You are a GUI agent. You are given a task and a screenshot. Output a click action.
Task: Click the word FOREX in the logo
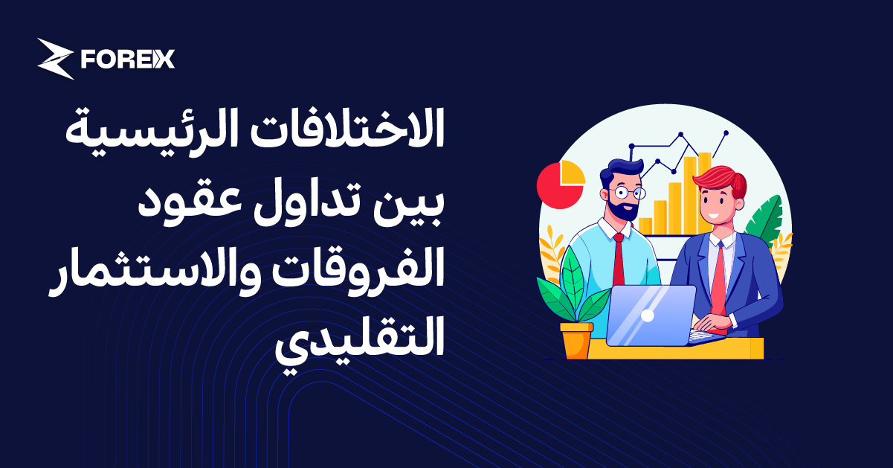click(x=128, y=59)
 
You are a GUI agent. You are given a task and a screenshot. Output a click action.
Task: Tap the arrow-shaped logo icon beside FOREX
click(x=56, y=59)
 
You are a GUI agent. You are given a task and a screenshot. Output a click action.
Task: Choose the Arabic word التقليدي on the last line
click(x=359, y=340)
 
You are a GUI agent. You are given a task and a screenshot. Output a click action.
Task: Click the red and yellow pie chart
click(x=561, y=185)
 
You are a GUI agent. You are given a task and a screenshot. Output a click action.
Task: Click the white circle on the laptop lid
click(x=648, y=315)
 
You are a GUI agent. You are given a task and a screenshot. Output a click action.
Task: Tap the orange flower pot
click(x=576, y=341)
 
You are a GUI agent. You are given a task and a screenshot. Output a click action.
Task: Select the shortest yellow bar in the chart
click(x=645, y=226)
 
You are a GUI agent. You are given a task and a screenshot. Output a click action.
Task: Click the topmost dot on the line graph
click(x=726, y=133)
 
